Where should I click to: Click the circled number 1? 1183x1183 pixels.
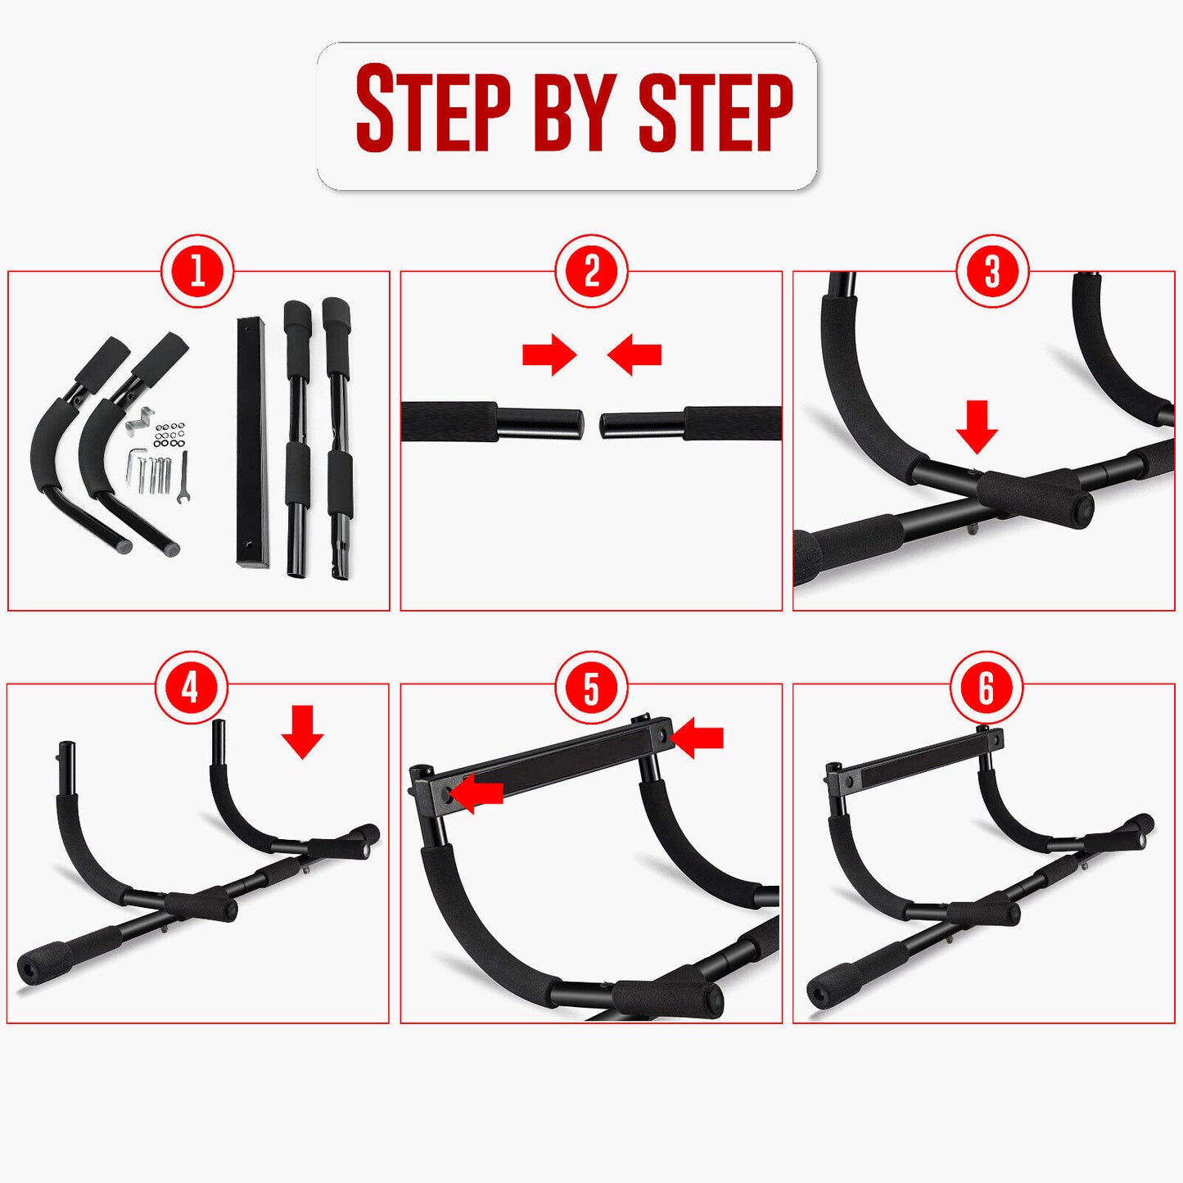click(197, 271)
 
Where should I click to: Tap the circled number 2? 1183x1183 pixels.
click(591, 271)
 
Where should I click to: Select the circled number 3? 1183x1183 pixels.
click(992, 271)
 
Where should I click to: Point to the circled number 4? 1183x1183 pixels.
click(191, 688)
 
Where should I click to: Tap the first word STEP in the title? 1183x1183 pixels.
click(433, 111)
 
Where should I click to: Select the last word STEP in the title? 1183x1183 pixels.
click(715, 111)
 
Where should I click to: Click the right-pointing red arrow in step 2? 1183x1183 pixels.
click(549, 354)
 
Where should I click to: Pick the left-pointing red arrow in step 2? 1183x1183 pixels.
click(634, 354)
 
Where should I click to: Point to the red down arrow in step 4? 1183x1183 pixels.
click(302, 733)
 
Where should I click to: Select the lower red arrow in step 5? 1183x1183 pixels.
click(477, 794)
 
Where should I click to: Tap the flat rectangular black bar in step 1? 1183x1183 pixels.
click(251, 442)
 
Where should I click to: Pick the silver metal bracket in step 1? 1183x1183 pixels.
click(140, 418)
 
